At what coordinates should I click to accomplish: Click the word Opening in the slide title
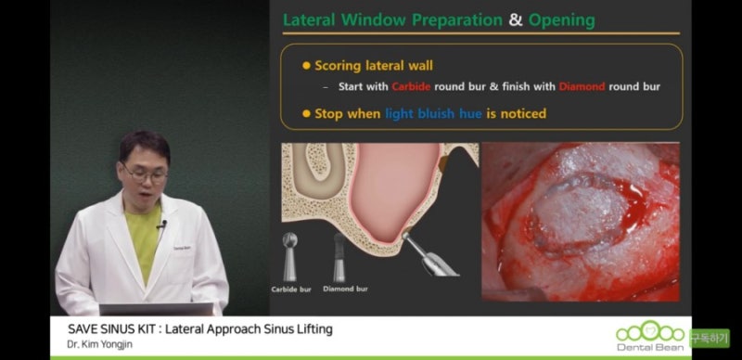(x=562, y=19)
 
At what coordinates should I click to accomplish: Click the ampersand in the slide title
(x=516, y=19)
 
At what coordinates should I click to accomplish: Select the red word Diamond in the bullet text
(x=582, y=86)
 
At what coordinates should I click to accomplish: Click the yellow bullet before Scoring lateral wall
(x=306, y=66)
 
